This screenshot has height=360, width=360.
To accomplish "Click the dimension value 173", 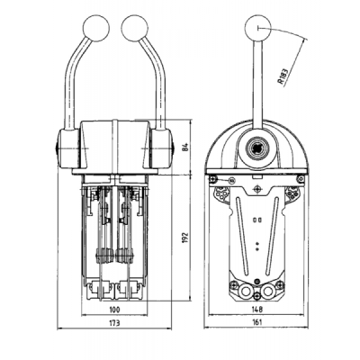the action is (114, 323).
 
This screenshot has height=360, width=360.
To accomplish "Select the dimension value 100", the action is (114, 310).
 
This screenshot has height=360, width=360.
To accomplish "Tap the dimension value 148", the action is (257, 309).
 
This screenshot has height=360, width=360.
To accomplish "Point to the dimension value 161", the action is (257, 322).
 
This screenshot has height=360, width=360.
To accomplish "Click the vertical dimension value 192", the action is (186, 238).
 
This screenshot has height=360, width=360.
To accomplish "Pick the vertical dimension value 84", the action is (186, 148).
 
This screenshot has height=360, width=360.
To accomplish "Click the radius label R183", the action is (283, 77).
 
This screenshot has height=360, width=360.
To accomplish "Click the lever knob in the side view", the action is (257, 27).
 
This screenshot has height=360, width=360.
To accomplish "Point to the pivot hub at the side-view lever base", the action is (257, 148).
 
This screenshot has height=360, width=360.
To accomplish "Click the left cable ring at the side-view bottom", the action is (246, 291).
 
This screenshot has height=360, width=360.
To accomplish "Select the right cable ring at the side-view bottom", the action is (266, 291).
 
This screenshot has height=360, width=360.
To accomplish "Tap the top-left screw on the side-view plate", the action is (213, 179).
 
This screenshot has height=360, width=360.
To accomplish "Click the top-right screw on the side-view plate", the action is (301, 179).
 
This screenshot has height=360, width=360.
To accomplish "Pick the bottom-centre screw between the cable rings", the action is (256, 296).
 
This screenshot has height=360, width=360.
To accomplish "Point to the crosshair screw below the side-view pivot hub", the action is (257, 189).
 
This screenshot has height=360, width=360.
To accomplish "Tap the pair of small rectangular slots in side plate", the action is (257, 220).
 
